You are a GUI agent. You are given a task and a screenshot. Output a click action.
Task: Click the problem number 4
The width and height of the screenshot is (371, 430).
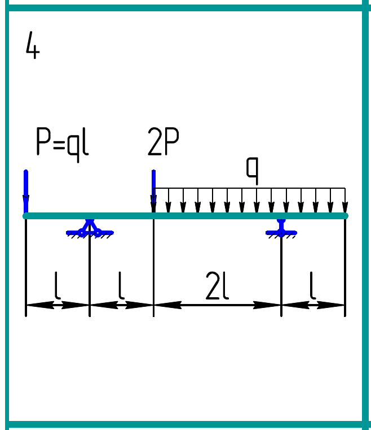[33, 46]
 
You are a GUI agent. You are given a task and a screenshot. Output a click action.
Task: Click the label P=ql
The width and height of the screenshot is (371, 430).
[62, 142]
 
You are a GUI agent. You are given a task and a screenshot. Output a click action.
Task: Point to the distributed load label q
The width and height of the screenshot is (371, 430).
[252, 170]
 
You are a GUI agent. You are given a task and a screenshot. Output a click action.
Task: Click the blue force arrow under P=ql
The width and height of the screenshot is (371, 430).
[26, 190]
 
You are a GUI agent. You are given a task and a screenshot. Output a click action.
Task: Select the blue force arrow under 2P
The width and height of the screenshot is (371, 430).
[153, 190]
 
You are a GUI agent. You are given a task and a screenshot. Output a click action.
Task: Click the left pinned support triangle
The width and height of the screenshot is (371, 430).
[90, 228]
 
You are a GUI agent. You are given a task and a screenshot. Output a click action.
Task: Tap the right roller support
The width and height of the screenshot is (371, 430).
[281, 228]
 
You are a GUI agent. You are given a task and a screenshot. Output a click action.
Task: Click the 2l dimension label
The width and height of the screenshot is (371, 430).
[217, 287]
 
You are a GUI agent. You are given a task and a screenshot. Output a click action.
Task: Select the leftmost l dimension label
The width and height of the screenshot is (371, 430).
[58, 286]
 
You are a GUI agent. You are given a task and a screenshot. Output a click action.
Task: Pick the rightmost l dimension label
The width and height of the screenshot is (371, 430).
[313, 286]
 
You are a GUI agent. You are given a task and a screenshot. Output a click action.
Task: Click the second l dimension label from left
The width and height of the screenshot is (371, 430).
[121, 286]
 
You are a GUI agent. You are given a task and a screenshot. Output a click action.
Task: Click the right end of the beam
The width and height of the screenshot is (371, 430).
[345, 215]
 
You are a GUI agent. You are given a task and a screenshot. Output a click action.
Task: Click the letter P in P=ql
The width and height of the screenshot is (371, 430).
[43, 142]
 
